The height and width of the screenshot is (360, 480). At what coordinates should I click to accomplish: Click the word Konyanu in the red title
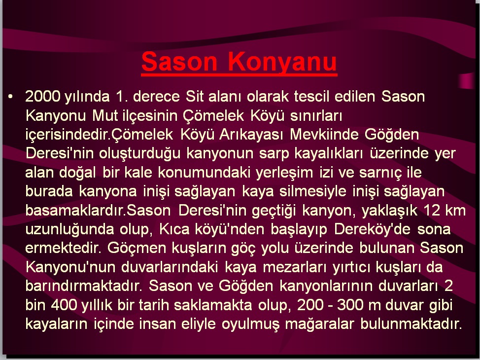pos(282,62)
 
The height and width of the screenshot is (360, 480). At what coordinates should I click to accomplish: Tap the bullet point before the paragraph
pos(11,97)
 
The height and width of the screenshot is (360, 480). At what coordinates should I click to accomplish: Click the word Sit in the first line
pos(194,97)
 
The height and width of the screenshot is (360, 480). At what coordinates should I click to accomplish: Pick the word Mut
pos(105,116)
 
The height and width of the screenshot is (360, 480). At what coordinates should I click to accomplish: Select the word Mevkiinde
pos(324,135)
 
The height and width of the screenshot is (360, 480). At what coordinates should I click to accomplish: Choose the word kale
pos(138,173)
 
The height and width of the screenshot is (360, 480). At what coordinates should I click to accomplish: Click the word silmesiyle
pos(312,191)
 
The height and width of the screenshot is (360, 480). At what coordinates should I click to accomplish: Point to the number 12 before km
pos(431,211)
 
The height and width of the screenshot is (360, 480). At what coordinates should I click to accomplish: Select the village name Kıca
pos(174,229)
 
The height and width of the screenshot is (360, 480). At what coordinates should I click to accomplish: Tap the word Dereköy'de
pos(372,229)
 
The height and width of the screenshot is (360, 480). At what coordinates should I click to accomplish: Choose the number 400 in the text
pos(64,305)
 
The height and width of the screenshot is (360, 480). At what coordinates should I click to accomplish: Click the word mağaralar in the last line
pos(319,324)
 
